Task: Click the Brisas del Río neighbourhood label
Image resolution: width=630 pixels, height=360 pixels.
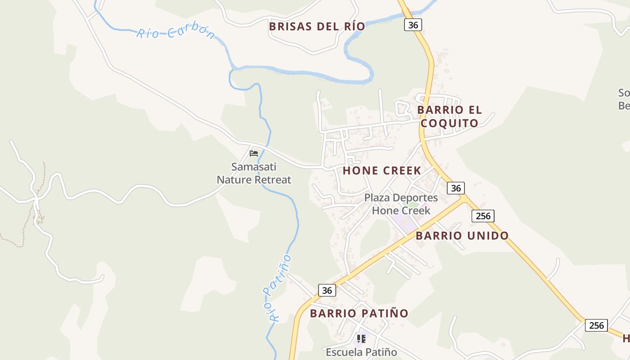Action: pos(317,26)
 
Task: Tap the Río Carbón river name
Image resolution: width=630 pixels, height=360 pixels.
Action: pos(176,33)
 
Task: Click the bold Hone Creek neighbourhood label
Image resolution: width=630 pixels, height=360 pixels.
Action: pos(382,171)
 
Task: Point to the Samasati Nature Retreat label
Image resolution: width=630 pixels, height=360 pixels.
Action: pos(254,173)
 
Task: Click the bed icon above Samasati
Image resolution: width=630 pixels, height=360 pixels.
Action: pos(254,153)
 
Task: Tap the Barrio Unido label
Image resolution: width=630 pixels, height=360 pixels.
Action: pos(462,235)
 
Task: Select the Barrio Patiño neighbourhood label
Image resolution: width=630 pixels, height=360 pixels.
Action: pos(359,313)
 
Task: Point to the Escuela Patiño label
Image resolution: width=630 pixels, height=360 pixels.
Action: pos(361,352)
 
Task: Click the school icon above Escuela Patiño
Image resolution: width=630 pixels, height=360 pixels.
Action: pos(361,338)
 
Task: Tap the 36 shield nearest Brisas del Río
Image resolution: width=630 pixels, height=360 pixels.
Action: pos(413,25)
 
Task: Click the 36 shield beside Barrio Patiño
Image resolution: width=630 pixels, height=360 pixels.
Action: pos(327,290)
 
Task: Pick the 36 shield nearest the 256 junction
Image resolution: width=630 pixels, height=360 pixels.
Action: pos(456,188)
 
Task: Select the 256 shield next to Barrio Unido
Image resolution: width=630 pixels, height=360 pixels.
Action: pos(483,216)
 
